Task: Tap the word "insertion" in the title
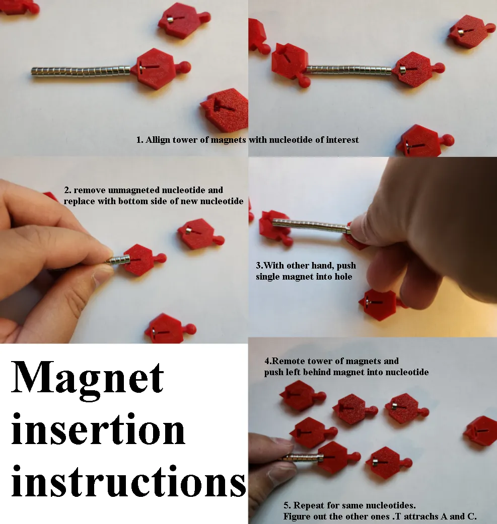click(x=98, y=429)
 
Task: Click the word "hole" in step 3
click(x=343, y=277)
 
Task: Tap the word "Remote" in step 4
click(x=289, y=361)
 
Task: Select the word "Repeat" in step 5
click(x=308, y=505)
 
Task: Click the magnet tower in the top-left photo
click(x=81, y=70)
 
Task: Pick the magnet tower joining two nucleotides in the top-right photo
click(x=349, y=69)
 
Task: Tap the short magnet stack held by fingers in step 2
click(x=118, y=259)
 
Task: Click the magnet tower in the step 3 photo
click(x=312, y=226)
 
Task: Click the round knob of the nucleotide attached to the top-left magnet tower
click(x=184, y=67)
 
